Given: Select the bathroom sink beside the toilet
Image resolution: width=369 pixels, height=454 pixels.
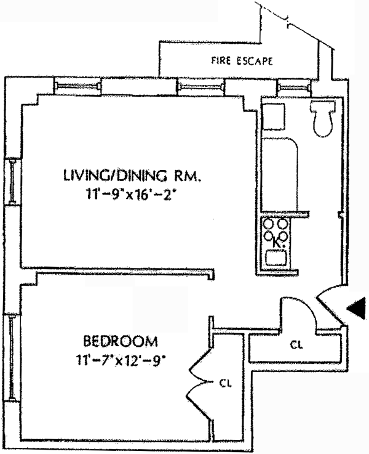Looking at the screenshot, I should click(273, 116).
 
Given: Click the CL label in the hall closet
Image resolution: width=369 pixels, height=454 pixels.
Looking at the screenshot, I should click(296, 346).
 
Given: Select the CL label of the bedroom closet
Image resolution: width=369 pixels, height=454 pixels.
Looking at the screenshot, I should click(224, 383).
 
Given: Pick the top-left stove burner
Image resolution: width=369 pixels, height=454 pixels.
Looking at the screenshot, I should click(269, 224).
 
